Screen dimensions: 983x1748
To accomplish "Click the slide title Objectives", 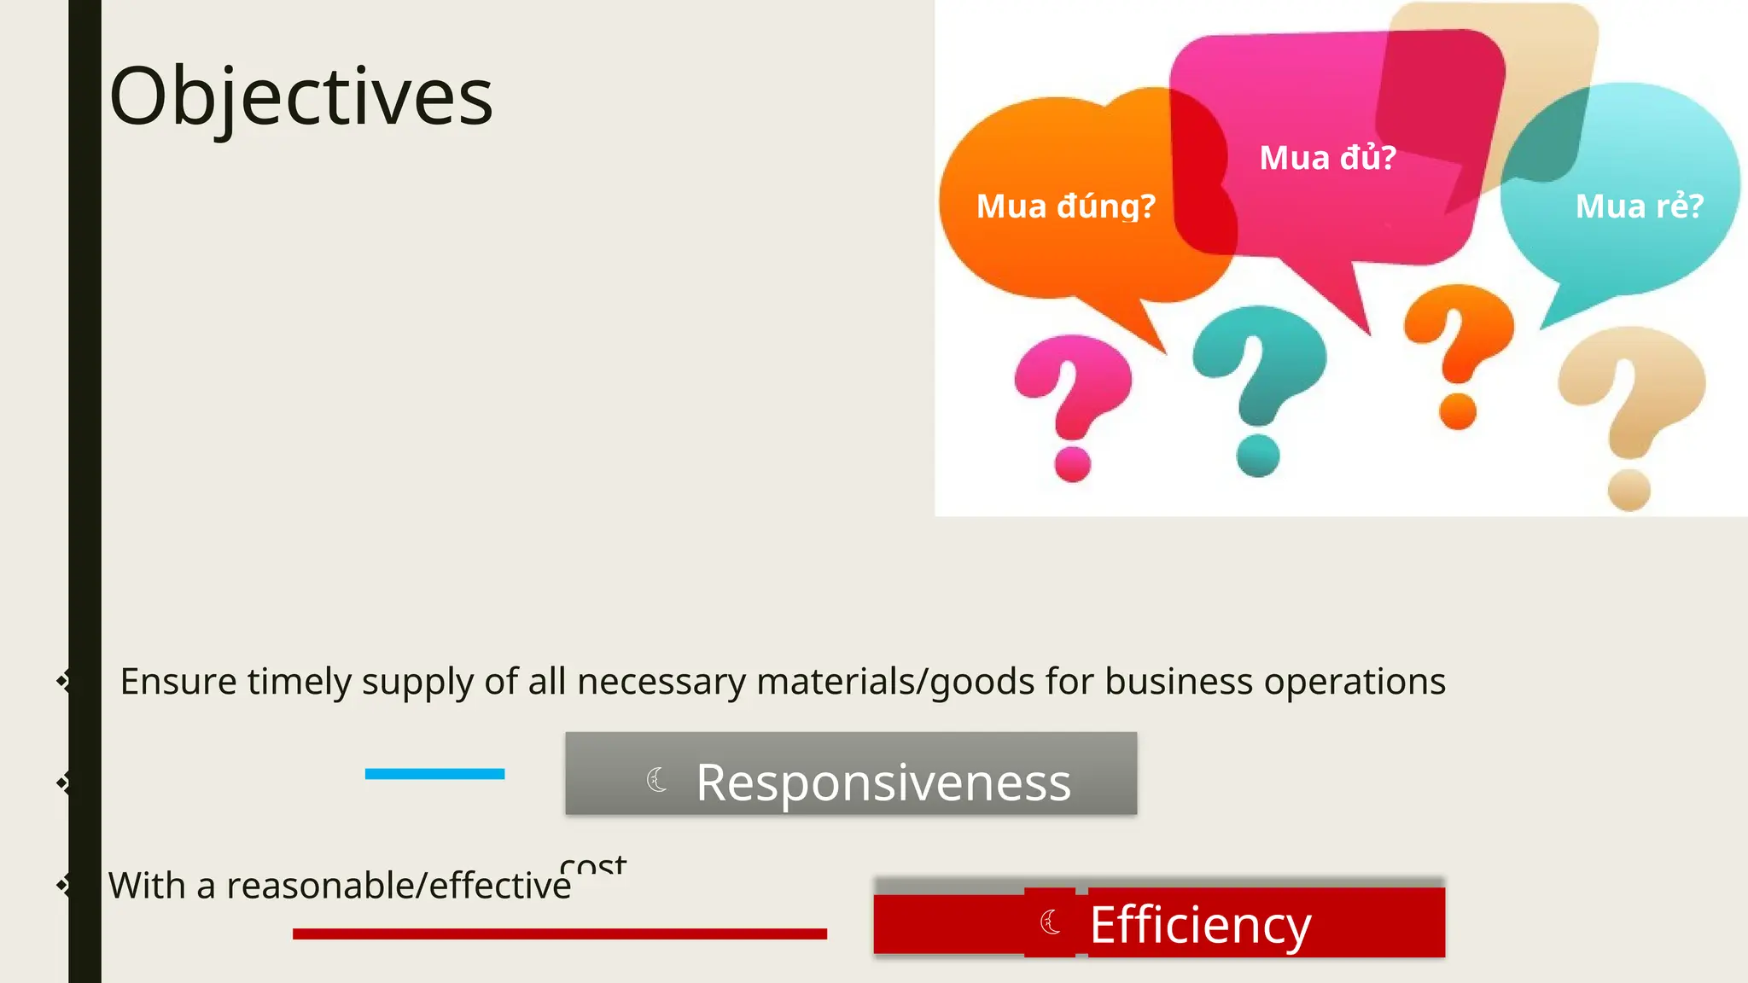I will [301, 96].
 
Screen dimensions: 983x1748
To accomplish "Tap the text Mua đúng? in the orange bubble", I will [1065, 206].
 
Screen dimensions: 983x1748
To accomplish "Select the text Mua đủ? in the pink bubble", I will [1327, 158].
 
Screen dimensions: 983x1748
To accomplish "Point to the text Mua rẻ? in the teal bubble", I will [1639, 206].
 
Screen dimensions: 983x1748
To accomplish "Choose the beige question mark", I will [1631, 410].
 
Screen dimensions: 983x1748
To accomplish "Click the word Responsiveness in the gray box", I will [883, 782].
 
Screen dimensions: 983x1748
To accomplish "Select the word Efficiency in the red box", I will [1200, 924].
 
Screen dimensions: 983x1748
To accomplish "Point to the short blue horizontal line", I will [434, 774].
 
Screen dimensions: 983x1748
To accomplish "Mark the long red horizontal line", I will [559, 934].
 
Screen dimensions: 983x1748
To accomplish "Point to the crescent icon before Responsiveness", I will [656, 779].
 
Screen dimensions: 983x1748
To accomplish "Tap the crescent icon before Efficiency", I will [1051, 922].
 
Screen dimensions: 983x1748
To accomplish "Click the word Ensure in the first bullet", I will [178, 682].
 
